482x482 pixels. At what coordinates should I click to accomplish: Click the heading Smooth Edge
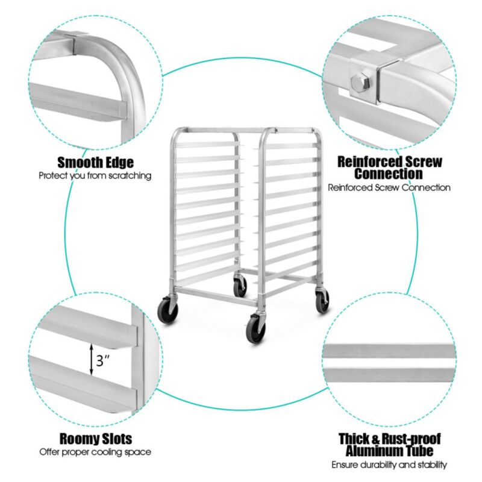[95, 163]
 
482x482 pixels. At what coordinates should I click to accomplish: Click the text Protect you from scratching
[95, 176]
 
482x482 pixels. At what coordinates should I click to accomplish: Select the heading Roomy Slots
[95, 439]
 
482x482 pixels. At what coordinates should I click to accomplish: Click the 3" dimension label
[103, 361]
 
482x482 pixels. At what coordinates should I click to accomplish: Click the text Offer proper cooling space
[95, 452]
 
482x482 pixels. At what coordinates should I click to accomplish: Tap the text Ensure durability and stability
[389, 465]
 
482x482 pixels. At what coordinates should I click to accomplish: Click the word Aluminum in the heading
[375, 451]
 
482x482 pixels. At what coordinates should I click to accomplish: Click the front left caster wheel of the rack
[166, 311]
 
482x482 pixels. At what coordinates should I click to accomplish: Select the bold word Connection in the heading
[389, 174]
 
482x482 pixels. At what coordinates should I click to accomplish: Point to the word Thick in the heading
[355, 439]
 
